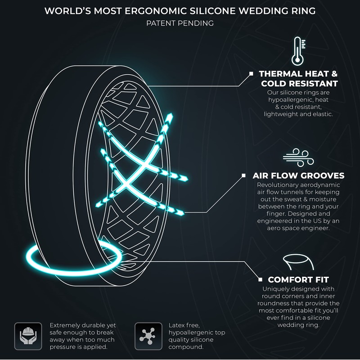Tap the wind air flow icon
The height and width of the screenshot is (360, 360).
(x=295, y=156)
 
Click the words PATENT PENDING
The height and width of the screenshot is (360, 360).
(x=180, y=23)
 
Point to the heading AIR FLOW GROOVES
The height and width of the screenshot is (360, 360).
(x=298, y=176)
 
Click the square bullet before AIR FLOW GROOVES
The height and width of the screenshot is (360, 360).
(x=243, y=175)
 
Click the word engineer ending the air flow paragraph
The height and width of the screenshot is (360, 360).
(x=319, y=228)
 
